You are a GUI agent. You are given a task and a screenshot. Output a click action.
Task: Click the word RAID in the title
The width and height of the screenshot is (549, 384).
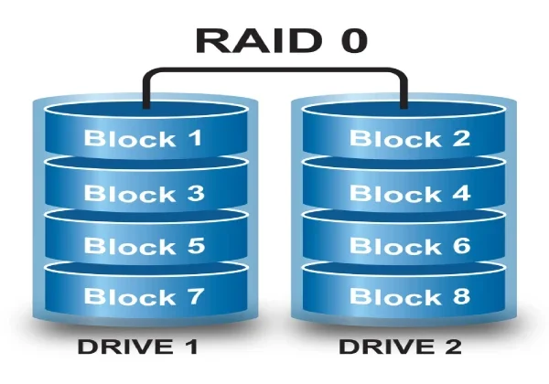[x=244, y=41]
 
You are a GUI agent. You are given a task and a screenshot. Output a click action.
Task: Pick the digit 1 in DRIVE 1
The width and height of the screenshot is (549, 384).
[x=193, y=348]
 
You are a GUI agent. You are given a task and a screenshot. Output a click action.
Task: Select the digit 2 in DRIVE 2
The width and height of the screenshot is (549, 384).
[x=453, y=348]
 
